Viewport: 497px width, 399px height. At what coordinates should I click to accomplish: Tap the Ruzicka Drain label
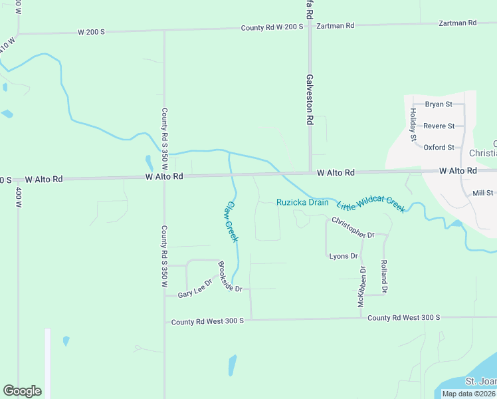pyautogui.click(x=302, y=202)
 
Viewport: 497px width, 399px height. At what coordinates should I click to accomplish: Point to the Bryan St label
pyautogui.click(x=439, y=104)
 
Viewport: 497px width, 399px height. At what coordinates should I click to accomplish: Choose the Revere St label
pyautogui.click(x=439, y=126)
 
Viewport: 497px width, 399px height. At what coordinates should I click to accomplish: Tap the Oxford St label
pyautogui.click(x=439, y=147)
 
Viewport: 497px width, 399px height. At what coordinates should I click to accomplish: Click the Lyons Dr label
pyautogui.click(x=344, y=256)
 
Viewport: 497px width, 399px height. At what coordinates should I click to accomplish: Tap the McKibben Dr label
pyautogui.click(x=362, y=287)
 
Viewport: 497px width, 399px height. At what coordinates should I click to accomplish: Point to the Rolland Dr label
pyautogui.click(x=384, y=277)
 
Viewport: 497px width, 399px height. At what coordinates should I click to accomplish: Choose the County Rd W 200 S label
pyautogui.click(x=272, y=27)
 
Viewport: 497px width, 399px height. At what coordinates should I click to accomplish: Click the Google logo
pyautogui.click(x=23, y=391)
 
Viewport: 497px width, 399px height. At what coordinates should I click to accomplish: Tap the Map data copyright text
pyautogui.click(x=468, y=394)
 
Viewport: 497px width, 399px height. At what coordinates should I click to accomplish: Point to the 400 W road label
pyautogui.click(x=19, y=197)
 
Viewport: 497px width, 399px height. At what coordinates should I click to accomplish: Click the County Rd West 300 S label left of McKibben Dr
pyautogui.click(x=207, y=321)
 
